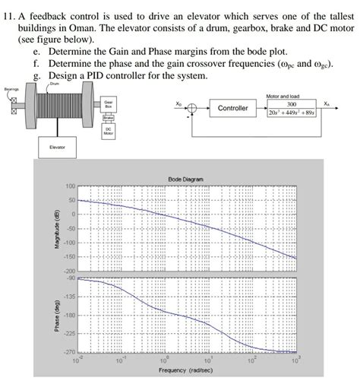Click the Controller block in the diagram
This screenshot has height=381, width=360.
(x=233, y=109)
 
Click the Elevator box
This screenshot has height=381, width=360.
(x=58, y=145)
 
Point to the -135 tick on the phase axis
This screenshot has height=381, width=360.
(x=69, y=297)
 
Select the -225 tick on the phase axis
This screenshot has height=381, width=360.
(x=69, y=333)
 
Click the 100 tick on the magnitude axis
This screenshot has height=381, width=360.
(x=71, y=186)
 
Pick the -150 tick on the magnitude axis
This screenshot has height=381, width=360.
(x=69, y=256)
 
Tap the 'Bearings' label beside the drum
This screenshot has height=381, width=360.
(x=11, y=90)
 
